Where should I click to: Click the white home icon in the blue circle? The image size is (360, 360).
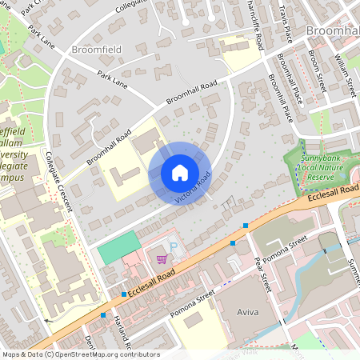pos(180,172)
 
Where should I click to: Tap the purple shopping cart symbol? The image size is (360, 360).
pos(162,258)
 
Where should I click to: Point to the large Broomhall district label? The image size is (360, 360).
pos(332,30)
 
